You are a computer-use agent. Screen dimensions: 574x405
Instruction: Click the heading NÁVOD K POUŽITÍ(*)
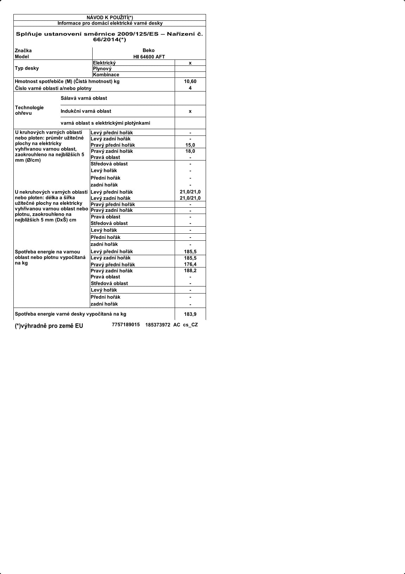pos(110,18)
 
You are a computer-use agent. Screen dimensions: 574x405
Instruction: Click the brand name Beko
pos(149,50)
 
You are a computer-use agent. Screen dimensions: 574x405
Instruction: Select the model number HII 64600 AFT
pos(149,57)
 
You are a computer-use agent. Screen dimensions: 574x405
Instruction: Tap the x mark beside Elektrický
pos(190,63)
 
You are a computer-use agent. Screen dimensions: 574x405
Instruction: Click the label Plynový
pos(102,69)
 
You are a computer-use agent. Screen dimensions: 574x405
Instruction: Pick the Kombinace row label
pos(106,75)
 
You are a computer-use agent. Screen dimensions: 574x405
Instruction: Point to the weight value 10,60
pos(190,81)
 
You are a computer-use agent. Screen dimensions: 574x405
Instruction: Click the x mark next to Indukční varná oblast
pos(190,111)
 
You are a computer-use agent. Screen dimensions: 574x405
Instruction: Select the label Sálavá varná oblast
pos(84,98)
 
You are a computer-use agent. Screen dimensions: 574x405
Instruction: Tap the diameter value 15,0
pos(190,145)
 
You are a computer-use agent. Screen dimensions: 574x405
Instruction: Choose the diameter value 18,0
pos(190,151)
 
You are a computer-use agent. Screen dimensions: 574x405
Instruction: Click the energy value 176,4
pos(190,264)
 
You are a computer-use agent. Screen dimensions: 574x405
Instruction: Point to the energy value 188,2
pos(190,271)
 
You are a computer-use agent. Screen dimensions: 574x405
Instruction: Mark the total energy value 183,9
pos(190,314)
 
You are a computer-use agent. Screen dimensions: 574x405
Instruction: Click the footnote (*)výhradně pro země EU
pos(49,326)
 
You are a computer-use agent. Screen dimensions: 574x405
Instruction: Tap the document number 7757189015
pos(126,324)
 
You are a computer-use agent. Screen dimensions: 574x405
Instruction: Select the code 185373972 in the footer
pos(158,325)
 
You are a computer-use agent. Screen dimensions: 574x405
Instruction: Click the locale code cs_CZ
pos(191,325)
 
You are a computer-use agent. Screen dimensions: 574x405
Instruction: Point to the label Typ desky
pos(27,68)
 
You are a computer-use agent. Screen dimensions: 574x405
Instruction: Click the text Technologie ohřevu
pos(29,110)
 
